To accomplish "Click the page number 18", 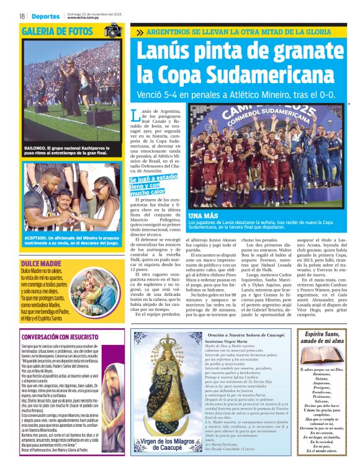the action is [22, 16].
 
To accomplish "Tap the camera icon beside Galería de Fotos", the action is [113, 30].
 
